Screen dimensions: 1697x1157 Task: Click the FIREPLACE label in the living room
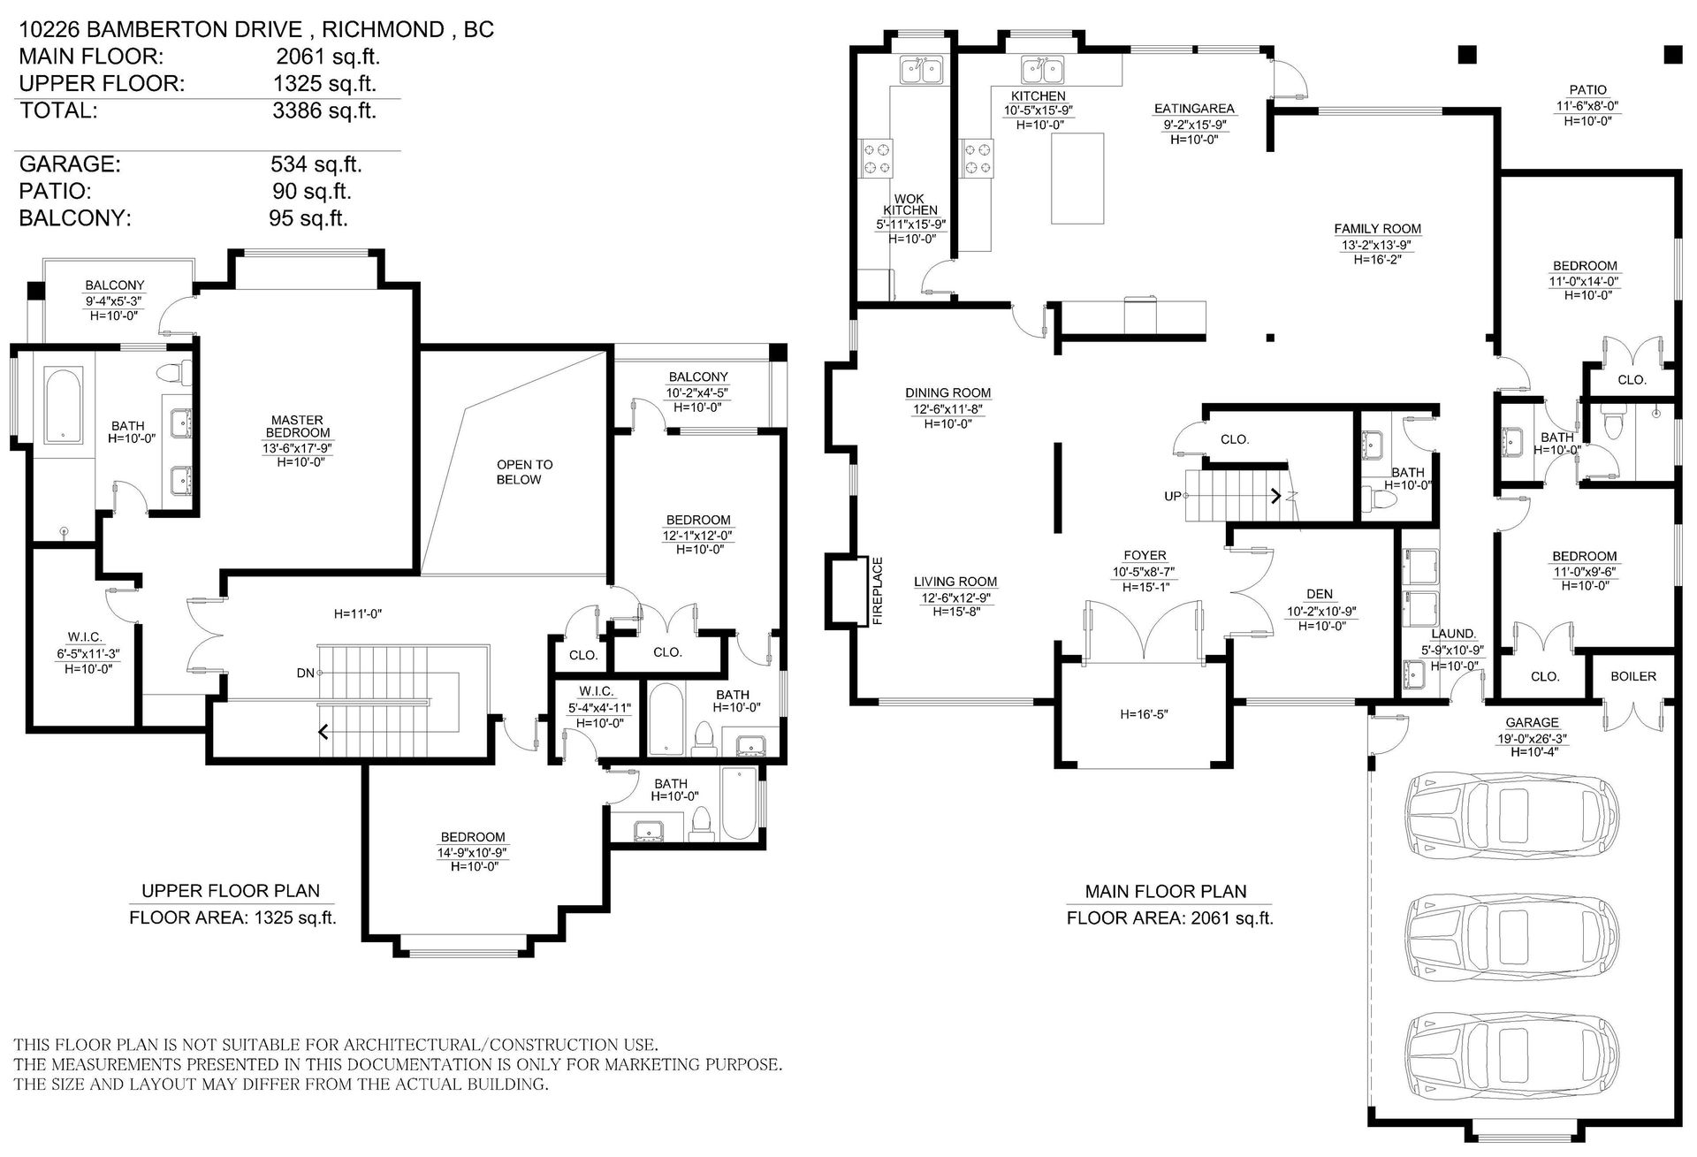pos(878,590)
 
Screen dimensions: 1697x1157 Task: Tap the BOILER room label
pos(1632,676)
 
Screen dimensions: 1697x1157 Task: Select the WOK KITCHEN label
pos(909,203)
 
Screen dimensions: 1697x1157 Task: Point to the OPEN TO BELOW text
pos(524,472)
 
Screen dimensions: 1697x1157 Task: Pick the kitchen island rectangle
pos(1077,179)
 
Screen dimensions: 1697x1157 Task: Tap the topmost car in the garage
pos(1513,811)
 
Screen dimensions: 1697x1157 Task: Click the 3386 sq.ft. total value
pos(324,110)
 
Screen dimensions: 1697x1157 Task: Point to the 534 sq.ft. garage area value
pos(316,164)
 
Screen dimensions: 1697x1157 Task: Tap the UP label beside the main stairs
pos(1173,497)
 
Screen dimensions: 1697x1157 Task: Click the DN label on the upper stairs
pos(306,674)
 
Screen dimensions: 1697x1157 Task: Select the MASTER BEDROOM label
pos(298,427)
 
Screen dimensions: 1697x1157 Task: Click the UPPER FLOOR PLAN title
pos(231,891)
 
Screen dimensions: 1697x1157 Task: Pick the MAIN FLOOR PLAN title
pos(1166,892)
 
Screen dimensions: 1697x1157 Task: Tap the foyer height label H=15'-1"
pos(1145,587)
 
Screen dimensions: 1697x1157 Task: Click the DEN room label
pos(1320,594)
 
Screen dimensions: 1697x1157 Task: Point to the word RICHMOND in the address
pos(383,29)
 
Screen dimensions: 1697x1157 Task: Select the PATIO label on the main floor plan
pos(1588,90)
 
